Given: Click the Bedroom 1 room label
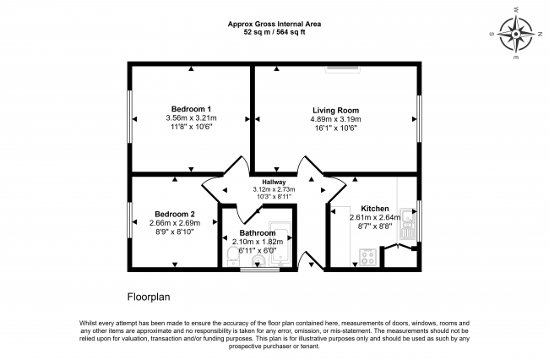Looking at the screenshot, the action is click(x=191, y=108).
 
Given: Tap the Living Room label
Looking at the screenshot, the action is click(x=335, y=111).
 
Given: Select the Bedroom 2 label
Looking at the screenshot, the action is click(x=175, y=214).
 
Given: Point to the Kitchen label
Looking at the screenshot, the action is click(x=375, y=209).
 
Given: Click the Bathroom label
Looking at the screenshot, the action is click(x=258, y=233).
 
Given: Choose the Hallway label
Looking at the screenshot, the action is click(x=274, y=182).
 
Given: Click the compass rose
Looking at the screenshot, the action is click(x=515, y=35).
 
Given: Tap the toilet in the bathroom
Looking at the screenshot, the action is click(x=233, y=255).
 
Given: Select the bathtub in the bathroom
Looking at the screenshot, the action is click(x=280, y=243).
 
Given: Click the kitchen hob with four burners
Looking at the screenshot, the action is click(x=368, y=257).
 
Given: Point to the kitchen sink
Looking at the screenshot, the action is click(x=408, y=223).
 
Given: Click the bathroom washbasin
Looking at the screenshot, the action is click(x=258, y=261).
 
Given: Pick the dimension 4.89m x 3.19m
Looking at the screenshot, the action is click(x=335, y=119).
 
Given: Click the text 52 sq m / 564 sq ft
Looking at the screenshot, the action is click(x=274, y=32).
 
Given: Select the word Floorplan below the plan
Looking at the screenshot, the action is click(x=149, y=297).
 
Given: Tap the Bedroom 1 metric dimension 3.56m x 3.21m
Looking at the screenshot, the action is click(x=191, y=118).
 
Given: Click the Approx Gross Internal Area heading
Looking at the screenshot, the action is click(x=274, y=24).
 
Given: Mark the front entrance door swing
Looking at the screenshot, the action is click(x=311, y=261).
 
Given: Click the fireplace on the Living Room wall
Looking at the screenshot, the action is click(x=343, y=69).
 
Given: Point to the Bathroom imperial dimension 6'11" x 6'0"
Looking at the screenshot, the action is click(x=258, y=251).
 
